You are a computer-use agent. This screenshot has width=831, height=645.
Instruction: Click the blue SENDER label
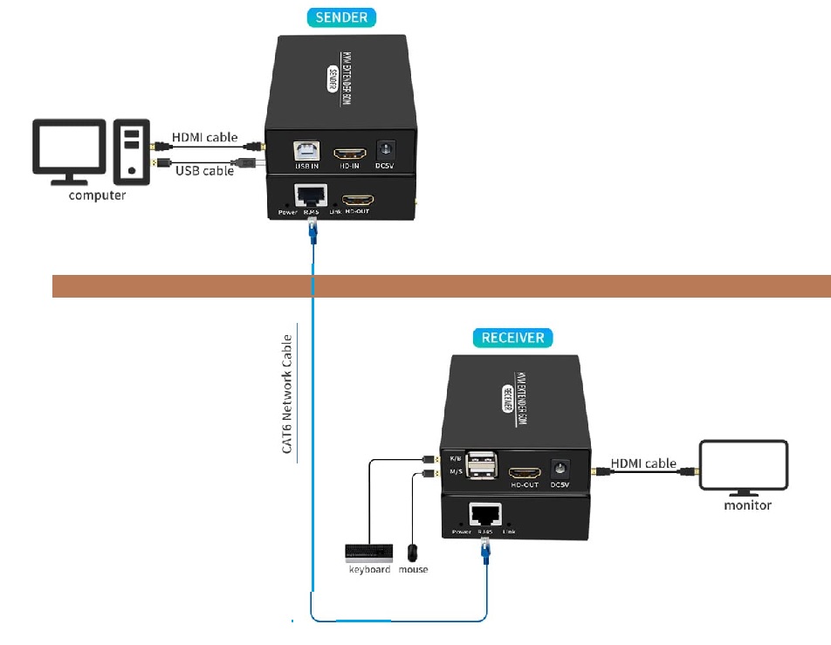(x=340, y=17)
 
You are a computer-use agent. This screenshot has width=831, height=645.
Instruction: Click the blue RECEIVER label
(x=513, y=338)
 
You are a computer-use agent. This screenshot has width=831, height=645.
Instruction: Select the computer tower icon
(x=131, y=151)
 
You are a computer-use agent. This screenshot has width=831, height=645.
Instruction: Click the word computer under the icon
(x=97, y=196)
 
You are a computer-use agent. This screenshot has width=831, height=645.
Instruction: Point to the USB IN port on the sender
(x=306, y=150)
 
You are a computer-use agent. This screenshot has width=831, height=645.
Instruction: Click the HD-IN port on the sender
(x=350, y=150)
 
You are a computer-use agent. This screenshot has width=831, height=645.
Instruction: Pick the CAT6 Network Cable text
(x=286, y=394)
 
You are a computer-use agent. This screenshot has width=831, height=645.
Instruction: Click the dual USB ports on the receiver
(x=482, y=464)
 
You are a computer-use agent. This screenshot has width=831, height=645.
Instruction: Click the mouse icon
(x=413, y=553)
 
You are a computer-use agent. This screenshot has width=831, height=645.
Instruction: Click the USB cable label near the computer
(x=205, y=171)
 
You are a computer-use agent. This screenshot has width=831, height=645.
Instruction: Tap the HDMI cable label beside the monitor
(x=643, y=463)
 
